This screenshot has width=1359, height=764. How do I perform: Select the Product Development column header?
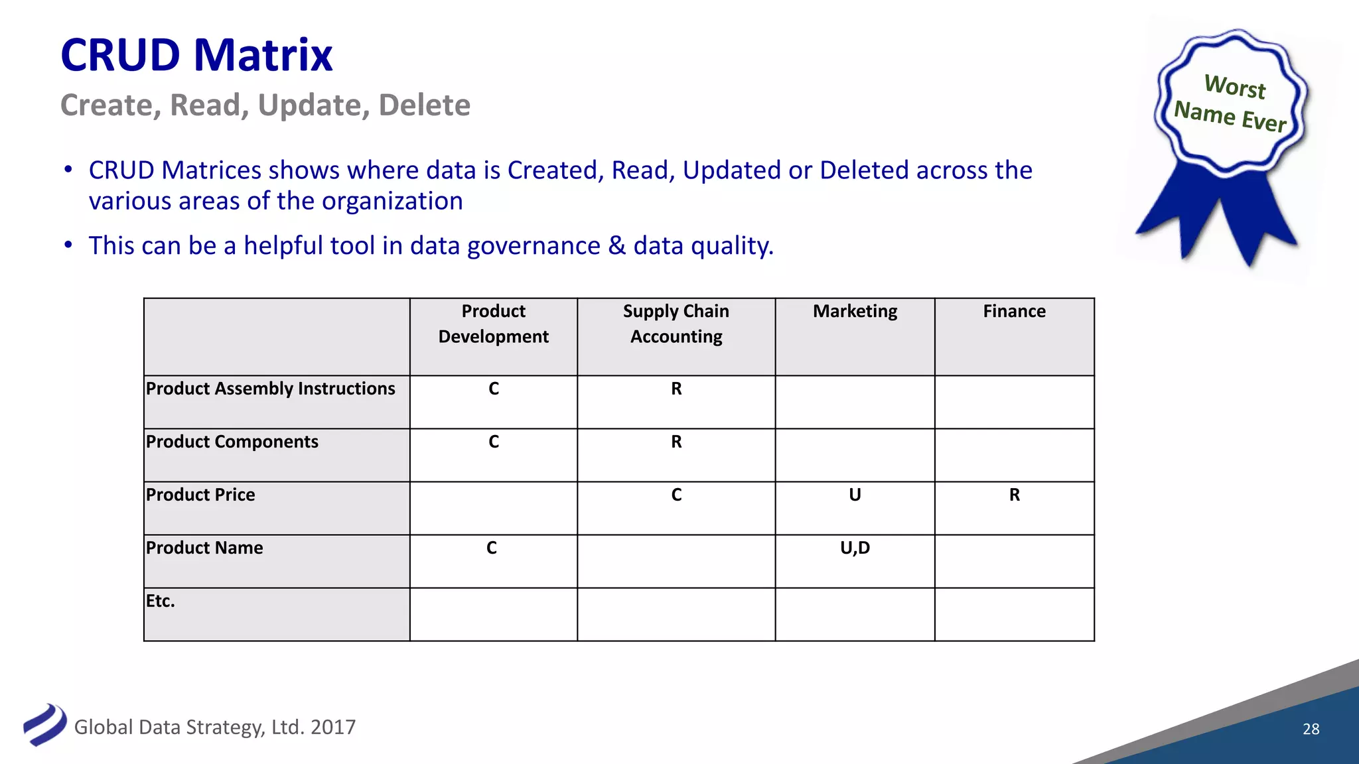(493, 324)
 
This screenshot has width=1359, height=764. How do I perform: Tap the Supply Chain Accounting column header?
(676, 324)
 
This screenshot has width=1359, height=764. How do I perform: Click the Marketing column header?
(855, 311)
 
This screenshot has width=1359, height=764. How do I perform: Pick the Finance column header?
(1014, 311)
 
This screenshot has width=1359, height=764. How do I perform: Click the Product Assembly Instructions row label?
(270, 389)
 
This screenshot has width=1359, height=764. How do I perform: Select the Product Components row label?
(232, 442)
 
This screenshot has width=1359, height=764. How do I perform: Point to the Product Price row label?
(200, 495)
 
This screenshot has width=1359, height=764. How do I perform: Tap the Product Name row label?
(204, 548)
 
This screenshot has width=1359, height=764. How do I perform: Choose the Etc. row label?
(161, 601)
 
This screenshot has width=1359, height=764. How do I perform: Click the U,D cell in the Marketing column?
(855, 548)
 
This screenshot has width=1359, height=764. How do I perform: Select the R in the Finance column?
(1014, 495)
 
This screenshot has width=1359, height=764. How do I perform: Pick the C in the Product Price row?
(676, 495)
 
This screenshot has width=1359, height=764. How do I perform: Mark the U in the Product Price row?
(855, 495)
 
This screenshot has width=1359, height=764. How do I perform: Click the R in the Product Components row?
(676, 442)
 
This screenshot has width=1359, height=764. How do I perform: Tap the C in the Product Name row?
(492, 548)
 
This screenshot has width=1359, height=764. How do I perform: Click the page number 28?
(1311, 729)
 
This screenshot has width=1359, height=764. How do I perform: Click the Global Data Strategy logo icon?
(44, 724)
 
